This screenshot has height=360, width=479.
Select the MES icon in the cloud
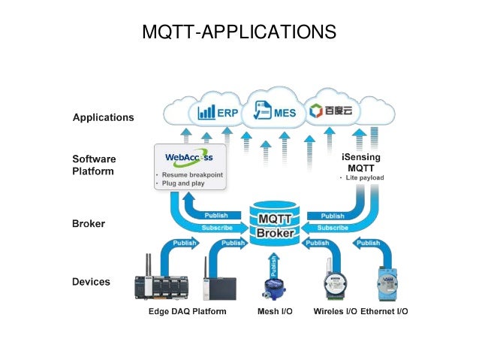(x=275, y=113)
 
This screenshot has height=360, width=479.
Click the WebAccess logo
(x=188, y=158)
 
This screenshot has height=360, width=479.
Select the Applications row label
(x=103, y=117)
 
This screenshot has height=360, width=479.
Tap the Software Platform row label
(x=94, y=165)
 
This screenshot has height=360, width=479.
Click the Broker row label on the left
(x=89, y=223)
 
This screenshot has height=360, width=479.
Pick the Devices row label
(x=91, y=282)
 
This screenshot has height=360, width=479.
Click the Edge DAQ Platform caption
(x=187, y=311)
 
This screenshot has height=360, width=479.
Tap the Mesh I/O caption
(x=268, y=311)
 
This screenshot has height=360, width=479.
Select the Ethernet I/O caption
(x=384, y=311)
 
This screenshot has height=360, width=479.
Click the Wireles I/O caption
(x=335, y=311)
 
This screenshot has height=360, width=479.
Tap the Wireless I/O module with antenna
(x=332, y=283)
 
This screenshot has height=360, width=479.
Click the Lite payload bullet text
(x=364, y=177)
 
